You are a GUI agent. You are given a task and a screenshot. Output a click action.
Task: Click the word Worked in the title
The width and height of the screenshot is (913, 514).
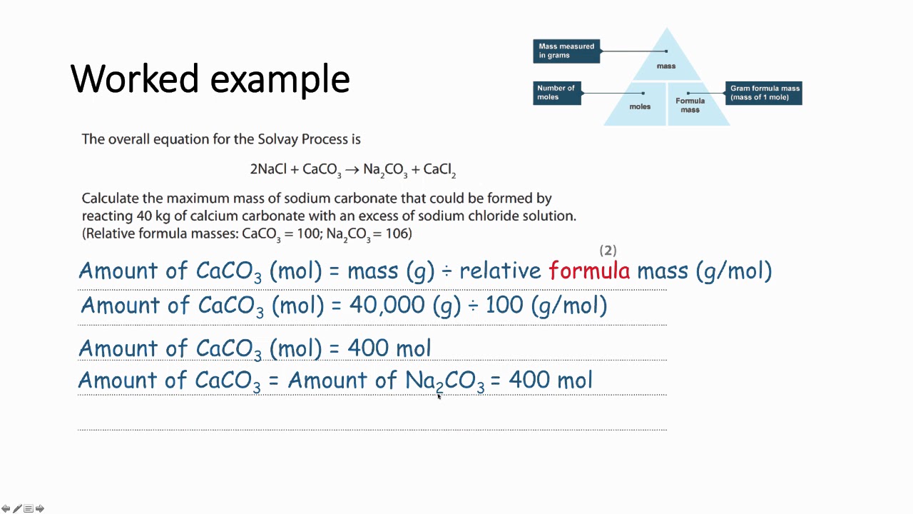(134, 79)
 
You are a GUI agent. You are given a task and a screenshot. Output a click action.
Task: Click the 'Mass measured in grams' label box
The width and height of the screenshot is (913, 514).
(566, 51)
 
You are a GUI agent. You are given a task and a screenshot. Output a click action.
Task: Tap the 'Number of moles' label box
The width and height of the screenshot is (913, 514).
(556, 93)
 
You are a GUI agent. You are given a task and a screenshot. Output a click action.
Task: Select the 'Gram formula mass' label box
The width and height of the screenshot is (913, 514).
(764, 93)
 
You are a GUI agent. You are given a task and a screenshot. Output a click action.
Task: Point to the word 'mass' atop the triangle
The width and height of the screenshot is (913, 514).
(666, 66)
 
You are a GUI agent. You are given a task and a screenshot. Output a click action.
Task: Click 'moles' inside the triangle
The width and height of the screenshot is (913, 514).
(640, 106)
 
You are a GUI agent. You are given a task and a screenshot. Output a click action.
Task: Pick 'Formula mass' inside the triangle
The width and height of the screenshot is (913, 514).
(690, 105)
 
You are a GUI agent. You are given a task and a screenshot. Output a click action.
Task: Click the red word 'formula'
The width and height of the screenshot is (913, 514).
(589, 271)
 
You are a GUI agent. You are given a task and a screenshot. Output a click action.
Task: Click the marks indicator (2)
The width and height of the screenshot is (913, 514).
(608, 250)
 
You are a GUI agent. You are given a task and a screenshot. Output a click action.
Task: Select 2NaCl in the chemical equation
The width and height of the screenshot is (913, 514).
(267, 169)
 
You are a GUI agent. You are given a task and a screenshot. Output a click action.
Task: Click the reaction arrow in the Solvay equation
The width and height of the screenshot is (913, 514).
(352, 170)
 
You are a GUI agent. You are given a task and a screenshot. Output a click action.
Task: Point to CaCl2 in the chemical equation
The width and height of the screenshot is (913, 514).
(439, 170)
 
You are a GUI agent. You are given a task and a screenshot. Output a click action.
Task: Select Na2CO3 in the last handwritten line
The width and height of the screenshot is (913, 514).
(444, 381)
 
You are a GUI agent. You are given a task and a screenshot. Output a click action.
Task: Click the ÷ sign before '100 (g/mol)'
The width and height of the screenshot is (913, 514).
(473, 306)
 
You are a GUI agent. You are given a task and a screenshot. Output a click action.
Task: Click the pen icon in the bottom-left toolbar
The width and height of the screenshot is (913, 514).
(17, 508)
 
